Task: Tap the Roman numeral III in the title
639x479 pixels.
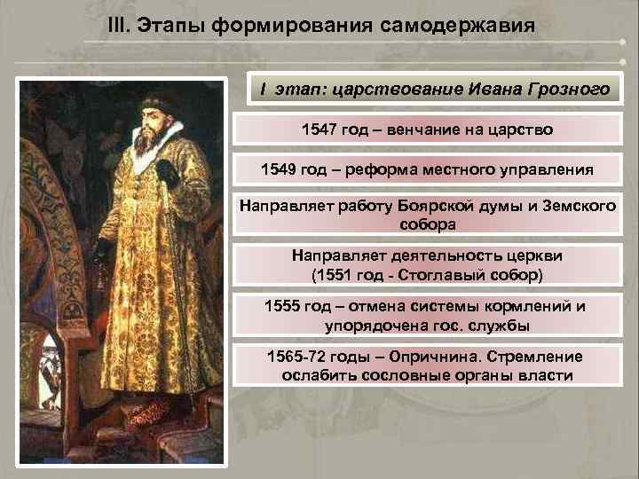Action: point(118,24)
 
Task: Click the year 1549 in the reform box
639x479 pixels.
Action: point(280,169)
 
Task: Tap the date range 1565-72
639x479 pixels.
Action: point(295,357)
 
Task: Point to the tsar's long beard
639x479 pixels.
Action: point(147,142)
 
